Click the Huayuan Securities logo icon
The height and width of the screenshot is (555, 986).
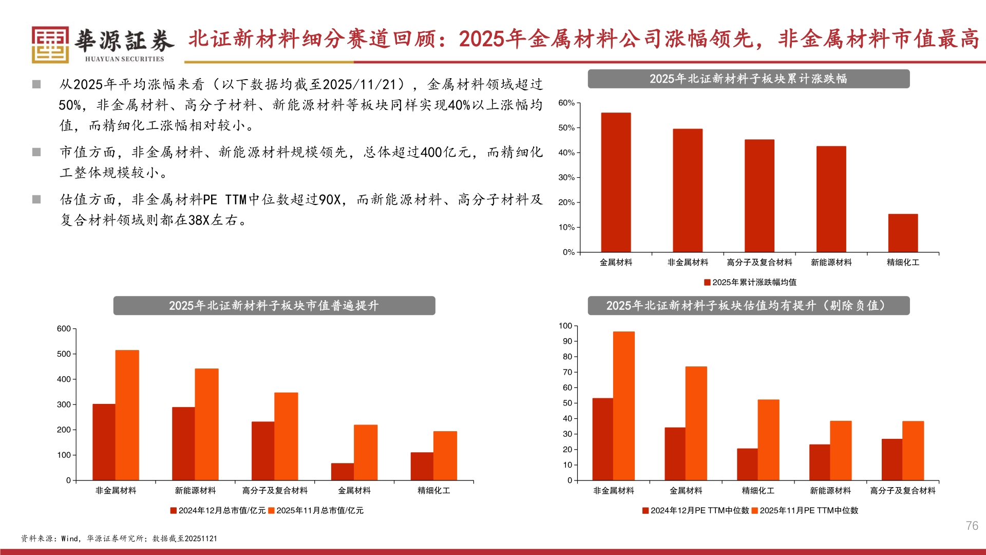(x=50, y=45)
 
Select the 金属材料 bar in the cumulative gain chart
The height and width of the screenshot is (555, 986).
(x=616, y=182)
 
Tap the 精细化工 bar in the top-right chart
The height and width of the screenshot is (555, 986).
(x=903, y=233)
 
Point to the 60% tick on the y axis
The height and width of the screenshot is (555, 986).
(x=566, y=103)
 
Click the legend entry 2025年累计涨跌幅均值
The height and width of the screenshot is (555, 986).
(x=750, y=282)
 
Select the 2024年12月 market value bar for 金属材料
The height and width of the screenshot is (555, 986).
(x=342, y=472)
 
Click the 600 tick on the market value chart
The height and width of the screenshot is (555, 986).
(x=64, y=329)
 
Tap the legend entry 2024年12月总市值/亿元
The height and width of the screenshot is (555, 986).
(x=218, y=510)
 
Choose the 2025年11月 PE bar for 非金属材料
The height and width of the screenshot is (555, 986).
(x=623, y=406)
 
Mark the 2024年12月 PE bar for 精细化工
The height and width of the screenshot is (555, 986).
(x=747, y=465)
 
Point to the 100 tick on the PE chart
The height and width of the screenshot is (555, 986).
(x=565, y=326)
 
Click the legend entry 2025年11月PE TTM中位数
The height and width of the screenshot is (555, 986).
(x=805, y=510)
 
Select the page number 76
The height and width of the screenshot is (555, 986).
(x=972, y=526)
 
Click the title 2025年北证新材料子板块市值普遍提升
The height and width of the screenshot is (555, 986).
(x=274, y=306)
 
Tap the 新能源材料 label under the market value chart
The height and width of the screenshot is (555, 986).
(x=195, y=491)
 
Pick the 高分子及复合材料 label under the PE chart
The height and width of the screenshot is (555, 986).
(x=903, y=491)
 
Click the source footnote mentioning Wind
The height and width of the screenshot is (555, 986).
(x=119, y=539)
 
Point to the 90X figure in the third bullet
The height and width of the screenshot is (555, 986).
(x=329, y=199)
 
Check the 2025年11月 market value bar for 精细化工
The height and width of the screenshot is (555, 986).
(x=445, y=456)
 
